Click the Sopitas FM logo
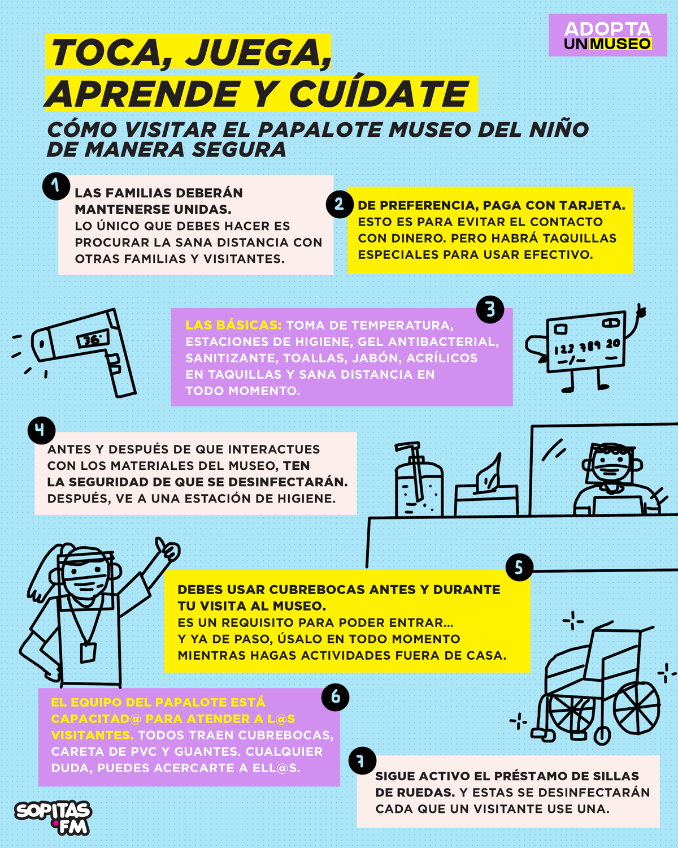(53, 817)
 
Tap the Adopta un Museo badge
(607, 35)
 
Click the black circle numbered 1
(56, 186)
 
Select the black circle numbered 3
(490, 309)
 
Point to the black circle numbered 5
(519, 567)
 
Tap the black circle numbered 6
(335, 696)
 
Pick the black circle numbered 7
(362, 760)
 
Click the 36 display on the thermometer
(93, 339)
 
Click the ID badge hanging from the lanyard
(88, 652)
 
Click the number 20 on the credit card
(613, 344)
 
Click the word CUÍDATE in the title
(379, 94)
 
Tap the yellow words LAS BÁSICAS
(233, 325)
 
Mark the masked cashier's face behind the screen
(609, 466)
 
